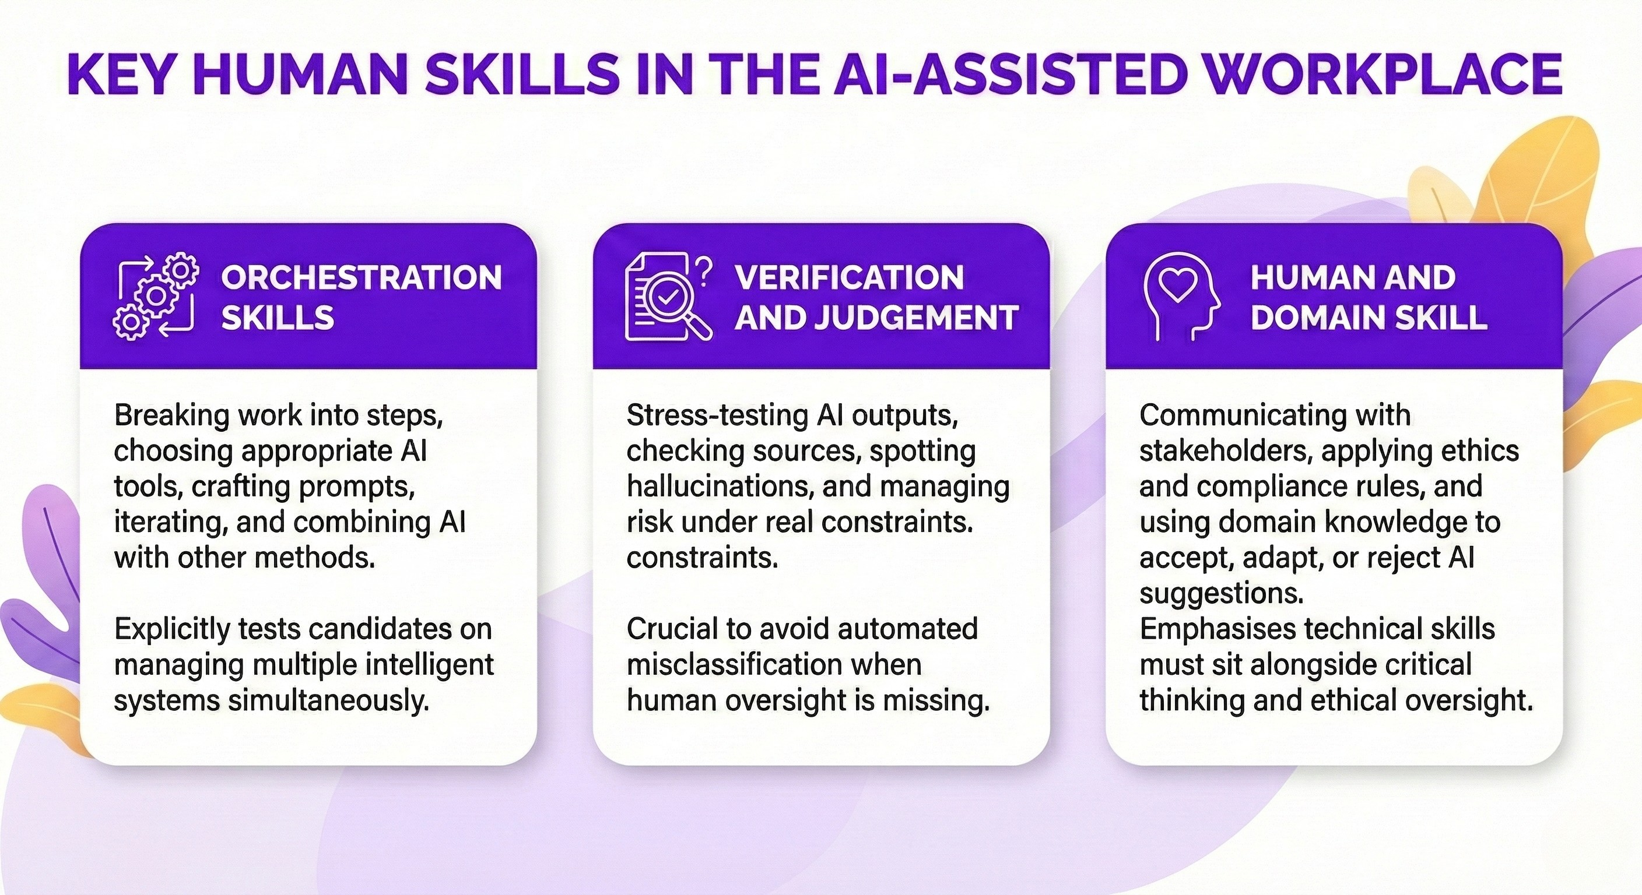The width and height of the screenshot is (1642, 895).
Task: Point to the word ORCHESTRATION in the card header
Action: pos(362,278)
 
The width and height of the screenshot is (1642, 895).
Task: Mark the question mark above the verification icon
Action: pos(704,272)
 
